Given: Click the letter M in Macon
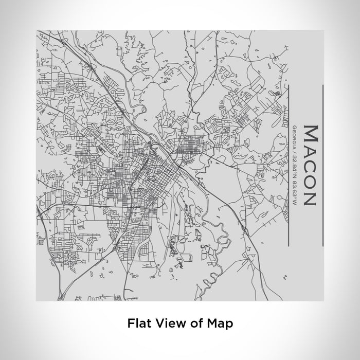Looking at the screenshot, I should (310, 134).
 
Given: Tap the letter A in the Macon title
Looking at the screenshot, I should (310, 152).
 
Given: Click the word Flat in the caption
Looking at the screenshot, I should (137, 323).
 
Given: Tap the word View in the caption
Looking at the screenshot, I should (164, 323).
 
